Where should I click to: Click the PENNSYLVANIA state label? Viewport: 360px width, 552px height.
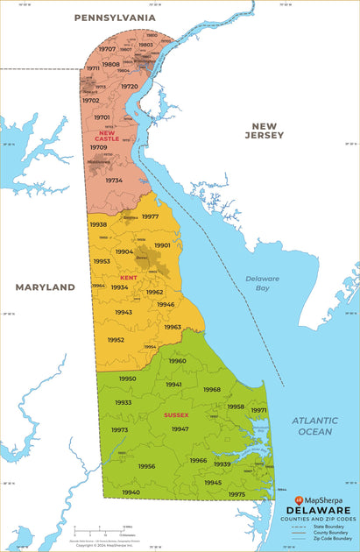(x=115, y=18)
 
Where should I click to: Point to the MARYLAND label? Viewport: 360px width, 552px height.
(x=46, y=287)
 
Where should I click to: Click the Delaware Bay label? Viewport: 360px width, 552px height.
(x=262, y=282)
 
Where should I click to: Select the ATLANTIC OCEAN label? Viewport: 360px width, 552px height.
(x=314, y=426)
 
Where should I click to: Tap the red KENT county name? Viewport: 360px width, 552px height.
(x=129, y=278)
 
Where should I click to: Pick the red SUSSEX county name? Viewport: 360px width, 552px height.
(x=176, y=414)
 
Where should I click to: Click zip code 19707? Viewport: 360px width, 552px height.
(x=107, y=50)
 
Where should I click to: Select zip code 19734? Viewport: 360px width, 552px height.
(x=114, y=180)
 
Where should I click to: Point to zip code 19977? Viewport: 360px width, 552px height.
(x=150, y=216)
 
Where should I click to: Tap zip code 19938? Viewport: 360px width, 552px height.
(x=98, y=224)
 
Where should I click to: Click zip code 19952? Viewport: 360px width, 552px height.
(x=116, y=340)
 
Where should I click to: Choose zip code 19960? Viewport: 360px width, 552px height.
(x=177, y=361)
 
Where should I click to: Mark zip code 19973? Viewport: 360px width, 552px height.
(x=119, y=430)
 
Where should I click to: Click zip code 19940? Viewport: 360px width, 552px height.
(x=131, y=492)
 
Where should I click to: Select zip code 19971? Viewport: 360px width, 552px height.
(x=258, y=410)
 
